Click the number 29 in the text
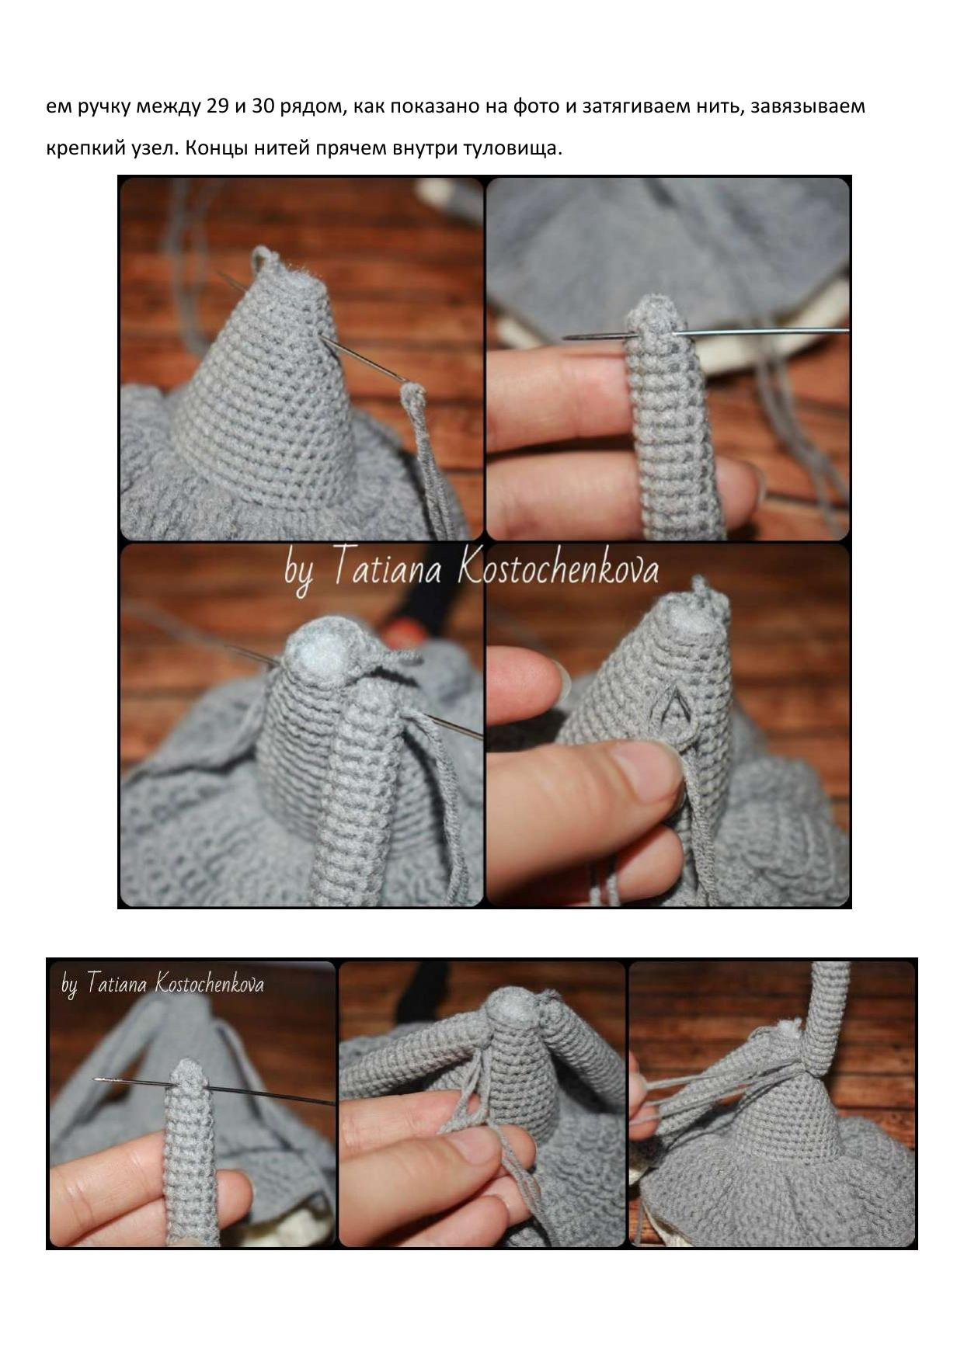pyautogui.click(x=218, y=106)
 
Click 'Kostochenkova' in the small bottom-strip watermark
pyautogui.click(x=210, y=985)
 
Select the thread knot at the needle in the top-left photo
pyautogui.click(x=413, y=392)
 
